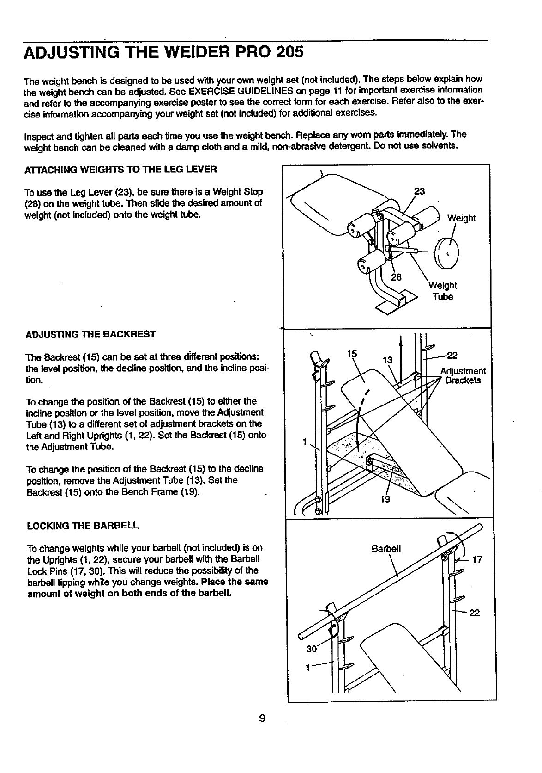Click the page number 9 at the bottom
[x=262, y=718]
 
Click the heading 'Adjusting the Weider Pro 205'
[x=163, y=51]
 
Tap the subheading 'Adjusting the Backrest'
[x=90, y=334]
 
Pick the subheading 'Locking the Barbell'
[x=83, y=526]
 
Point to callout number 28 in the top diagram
[x=396, y=277]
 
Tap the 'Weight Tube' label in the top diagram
[x=442, y=291]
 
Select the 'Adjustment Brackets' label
[x=463, y=376]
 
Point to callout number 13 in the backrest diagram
[x=388, y=360]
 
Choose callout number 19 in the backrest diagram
[x=385, y=499]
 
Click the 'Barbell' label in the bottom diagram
[x=386, y=549]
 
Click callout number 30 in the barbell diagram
[x=312, y=649]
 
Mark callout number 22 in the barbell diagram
[x=475, y=613]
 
